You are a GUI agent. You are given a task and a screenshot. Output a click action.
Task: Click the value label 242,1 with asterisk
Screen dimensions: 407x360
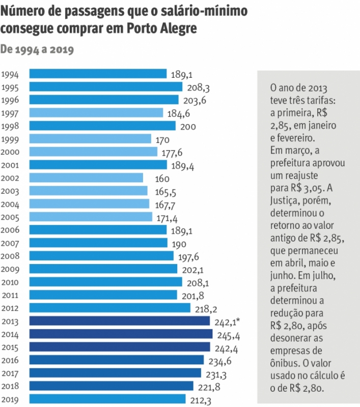228,322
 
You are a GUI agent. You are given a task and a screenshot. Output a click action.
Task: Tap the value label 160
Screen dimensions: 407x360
162,179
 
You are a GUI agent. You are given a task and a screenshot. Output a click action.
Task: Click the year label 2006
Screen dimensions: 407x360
11,230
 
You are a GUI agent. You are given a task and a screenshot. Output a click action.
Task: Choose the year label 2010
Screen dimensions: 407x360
11,282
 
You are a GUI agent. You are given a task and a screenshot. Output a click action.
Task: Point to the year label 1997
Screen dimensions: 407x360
11,113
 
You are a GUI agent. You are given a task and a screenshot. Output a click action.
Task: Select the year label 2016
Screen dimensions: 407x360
11,360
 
